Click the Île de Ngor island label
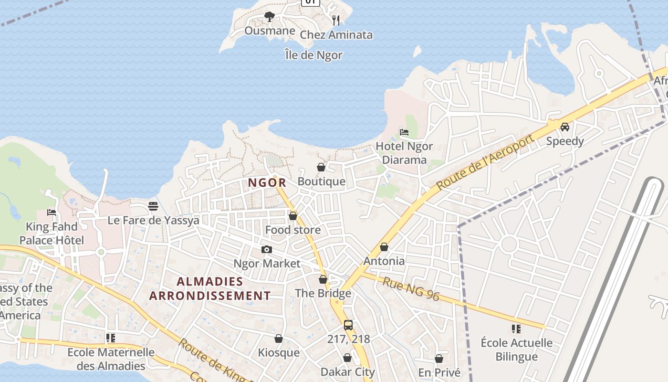pyautogui.click(x=313, y=55)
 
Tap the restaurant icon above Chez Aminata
pyautogui.click(x=336, y=20)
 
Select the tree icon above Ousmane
pyautogui.click(x=270, y=17)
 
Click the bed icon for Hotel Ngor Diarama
pyautogui.click(x=404, y=132)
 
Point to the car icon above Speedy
pyautogui.click(x=565, y=127)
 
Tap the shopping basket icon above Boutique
pyautogui.click(x=321, y=167)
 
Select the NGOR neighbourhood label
pyautogui.click(x=267, y=182)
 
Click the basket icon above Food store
pyautogui.click(x=293, y=216)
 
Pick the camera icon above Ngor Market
pyautogui.click(x=267, y=249)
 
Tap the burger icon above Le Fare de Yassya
pyautogui.click(x=153, y=206)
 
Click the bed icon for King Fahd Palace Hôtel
pyautogui.click(x=52, y=212)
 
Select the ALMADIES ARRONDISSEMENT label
pyautogui.click(x=210, y=288)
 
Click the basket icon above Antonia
pyautogui.click(x=384, y=247)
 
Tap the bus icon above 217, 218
pyautogui.click(x=348, y=325)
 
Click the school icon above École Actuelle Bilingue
pyautogui.click(x=516, y=329)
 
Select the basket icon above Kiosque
pyautogui.click(x=279, y=339)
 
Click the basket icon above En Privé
pyautogui.click(x=439, y=358)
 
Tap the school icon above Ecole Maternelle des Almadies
pyautogui.click(x=111, y=338)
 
